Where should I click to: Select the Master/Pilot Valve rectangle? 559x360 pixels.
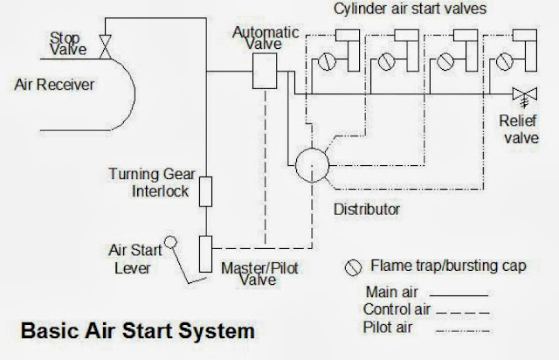207,253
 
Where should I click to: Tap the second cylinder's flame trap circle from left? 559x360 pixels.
383,63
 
